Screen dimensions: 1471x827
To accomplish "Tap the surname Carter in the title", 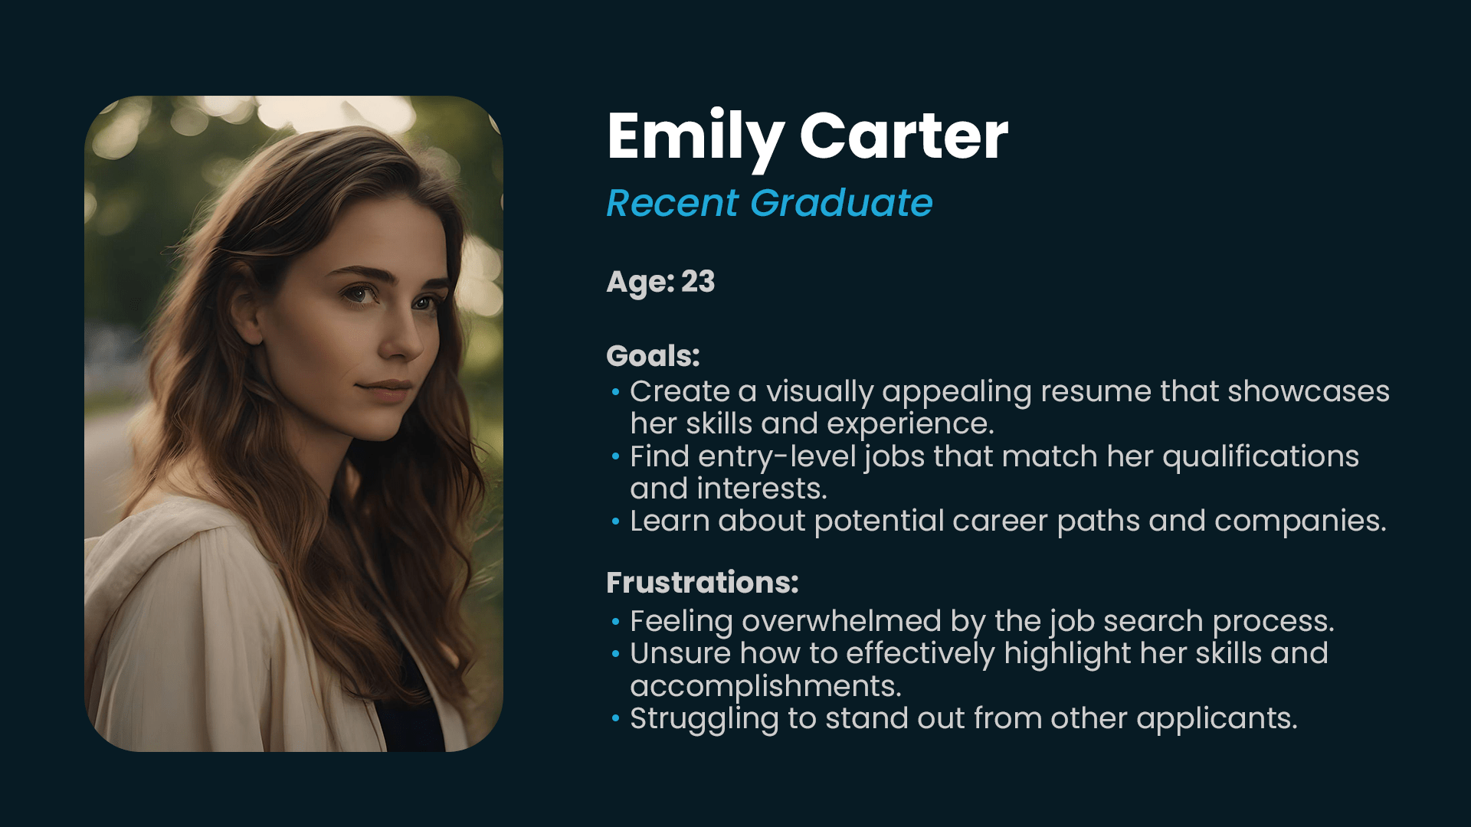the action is (x=904, y=136).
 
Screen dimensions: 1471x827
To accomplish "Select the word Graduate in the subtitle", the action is (x=841, y=203).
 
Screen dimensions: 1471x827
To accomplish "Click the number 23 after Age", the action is (x=698, y=281).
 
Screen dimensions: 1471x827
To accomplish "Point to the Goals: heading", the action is (x=653, y=356).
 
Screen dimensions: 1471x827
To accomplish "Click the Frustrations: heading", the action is (x=703, y=583).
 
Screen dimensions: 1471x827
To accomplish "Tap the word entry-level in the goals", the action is (x=777, y=457).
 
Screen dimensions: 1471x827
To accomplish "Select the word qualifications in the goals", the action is (x=1261, y=457).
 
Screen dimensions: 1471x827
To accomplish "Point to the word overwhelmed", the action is (x=841, y=621).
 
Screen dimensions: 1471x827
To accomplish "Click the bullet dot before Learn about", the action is (x=615, y=521).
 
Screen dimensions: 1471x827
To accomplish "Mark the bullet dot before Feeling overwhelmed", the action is (x=615, y=621).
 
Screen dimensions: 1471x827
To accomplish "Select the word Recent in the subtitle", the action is (x=673, y=203).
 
